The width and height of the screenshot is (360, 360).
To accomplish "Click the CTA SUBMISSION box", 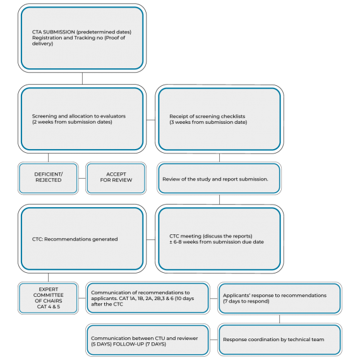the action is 82,38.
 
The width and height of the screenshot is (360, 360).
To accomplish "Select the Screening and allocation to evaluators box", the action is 82,119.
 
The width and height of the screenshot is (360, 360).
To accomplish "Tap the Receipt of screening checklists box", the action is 219,119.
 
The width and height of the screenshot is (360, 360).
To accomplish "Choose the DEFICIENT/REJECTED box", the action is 48,178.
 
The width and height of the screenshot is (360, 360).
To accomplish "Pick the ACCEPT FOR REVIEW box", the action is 116,178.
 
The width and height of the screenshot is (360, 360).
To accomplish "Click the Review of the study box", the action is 219,178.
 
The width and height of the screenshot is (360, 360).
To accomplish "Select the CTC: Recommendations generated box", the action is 82,239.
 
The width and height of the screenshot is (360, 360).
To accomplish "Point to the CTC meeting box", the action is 219,239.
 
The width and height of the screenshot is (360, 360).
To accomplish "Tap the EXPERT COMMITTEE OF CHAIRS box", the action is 48,298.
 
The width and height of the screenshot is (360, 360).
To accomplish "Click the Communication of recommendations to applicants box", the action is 148,298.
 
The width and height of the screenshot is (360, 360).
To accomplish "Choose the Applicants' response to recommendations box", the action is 280,298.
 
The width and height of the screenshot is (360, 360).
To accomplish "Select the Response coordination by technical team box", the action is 280,340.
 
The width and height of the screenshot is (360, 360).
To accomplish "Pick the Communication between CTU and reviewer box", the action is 148,340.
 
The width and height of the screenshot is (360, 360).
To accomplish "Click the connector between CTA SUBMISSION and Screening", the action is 82,78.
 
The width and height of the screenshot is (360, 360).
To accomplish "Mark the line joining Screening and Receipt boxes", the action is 150,119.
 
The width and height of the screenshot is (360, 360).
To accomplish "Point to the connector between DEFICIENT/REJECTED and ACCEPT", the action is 82,178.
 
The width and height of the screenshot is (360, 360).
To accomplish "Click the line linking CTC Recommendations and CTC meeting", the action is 150,239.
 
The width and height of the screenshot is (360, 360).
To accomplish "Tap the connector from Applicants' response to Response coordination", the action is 279,319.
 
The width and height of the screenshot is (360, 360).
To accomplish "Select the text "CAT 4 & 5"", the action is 49,306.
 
